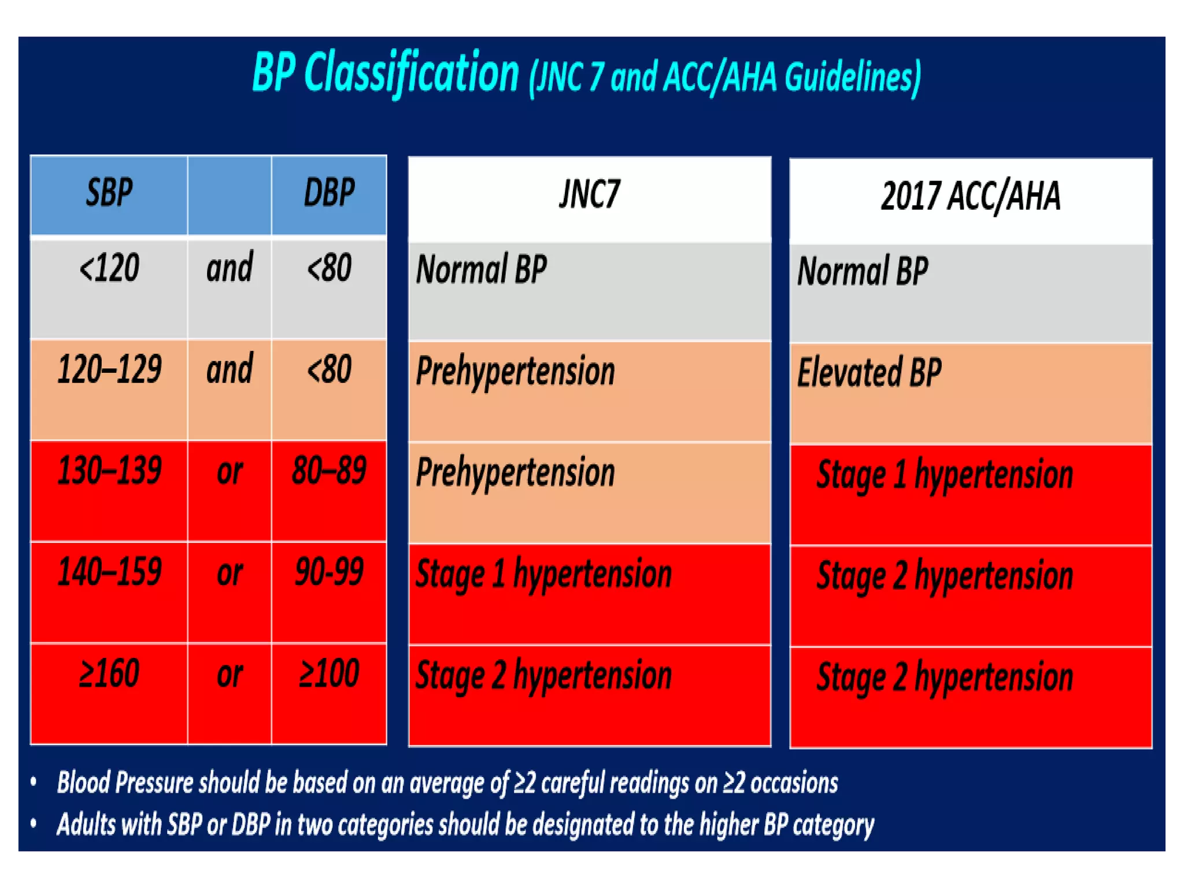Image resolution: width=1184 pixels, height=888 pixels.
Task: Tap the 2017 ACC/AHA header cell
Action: (970, 197)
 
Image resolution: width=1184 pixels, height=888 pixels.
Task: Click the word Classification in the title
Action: (411, 74)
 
